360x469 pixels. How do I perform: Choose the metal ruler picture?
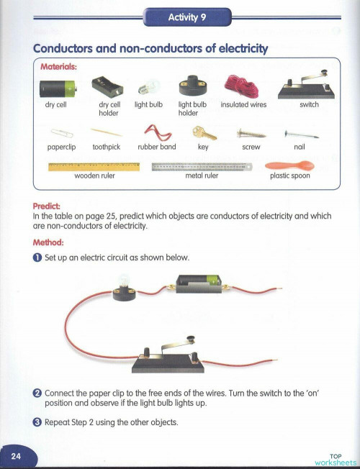(x=202, y=166)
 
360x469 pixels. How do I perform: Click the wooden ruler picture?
(x=94, y=166)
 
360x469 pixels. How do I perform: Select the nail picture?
(x=300, y=133)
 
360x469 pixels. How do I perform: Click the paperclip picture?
(x=53, y=133)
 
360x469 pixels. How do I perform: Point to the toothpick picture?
(x=107, y=132)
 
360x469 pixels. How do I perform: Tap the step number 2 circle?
(x=37, y=393)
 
